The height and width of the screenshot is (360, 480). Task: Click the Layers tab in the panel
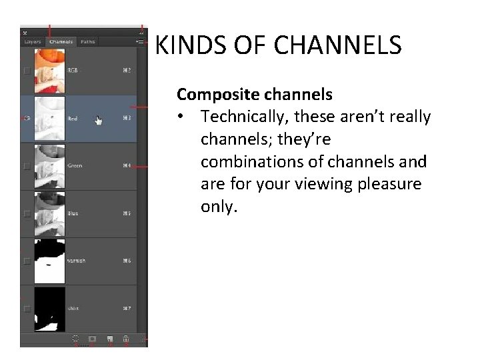[x=33, y=42]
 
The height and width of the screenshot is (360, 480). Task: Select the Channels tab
[x=61, y=42]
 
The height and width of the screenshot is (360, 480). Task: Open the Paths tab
[x=87, y=42]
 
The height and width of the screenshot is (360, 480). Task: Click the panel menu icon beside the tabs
[x=140, y=42]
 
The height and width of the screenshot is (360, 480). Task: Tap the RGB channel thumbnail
[x=50, y=70]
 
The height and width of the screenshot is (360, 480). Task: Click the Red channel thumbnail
[x=50, y=118]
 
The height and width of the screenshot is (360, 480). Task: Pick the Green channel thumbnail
[x=50, y=165]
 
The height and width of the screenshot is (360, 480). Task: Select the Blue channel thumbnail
[x=50, y=213]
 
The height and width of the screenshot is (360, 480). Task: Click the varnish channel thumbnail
[x=50, y=261]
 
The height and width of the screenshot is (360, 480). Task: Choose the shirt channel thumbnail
[x=50, y=309]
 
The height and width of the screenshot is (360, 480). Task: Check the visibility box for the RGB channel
[x=27, y=70]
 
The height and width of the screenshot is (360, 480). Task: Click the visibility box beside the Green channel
[x=27, y=166]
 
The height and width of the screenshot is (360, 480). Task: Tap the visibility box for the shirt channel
[x=27, y=309]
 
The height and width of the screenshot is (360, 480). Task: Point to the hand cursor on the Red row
[x=99, y=121]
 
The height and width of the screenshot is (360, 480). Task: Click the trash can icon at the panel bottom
[x=125, y=339]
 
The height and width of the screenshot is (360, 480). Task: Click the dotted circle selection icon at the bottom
[x=75, y=339]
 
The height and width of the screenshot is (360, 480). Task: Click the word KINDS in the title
[x=181, y=46]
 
